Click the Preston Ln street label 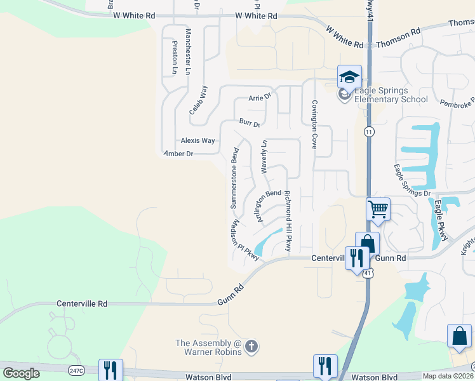point(175,58)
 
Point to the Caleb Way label point(199,100)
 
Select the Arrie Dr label point(259,98)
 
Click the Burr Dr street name point(250,123)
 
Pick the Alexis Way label point(197,141)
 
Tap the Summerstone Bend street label point(234,179)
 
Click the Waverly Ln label point(265,157)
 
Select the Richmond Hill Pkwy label point(288,221)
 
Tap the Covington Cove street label point(314,124)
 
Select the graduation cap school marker point(349,77)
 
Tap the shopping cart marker point(378,208)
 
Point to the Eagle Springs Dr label point(411,180)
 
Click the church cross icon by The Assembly point(251,347)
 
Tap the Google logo point(21,373)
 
